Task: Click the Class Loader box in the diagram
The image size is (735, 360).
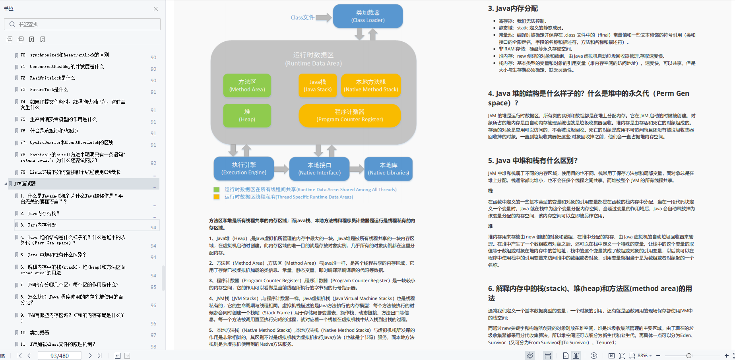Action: click(x=368, y=16)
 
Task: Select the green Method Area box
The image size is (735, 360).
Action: click(x=247, y=85)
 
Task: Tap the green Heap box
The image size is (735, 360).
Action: click(x=247, y=115)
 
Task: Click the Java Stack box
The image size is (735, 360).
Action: click(x=318, y=85)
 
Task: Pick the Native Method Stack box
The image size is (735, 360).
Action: click(x=370, y=85)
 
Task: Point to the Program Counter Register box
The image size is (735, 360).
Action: click(x=349, y=115)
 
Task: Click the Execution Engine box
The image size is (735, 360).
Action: click(x=244, y=168)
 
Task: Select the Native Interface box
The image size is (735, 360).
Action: click(x=319, y=168)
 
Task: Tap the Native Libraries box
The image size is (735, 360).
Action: click(x=388, y=168)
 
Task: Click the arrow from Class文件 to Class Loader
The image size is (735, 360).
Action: click(x=324, y=17)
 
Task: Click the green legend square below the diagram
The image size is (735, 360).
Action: click(x=217, y=190)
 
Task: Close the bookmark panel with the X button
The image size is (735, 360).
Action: click(x=156, y=9)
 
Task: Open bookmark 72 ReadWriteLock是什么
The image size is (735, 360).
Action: click(x=52, y=78)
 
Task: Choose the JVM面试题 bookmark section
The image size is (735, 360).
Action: click(x=25, y=184)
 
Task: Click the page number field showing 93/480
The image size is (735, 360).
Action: click(x=59, y=356)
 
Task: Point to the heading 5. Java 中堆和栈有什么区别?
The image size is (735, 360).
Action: click(x=533, y=161)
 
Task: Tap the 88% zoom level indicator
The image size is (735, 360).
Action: click(x=642, y=356)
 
